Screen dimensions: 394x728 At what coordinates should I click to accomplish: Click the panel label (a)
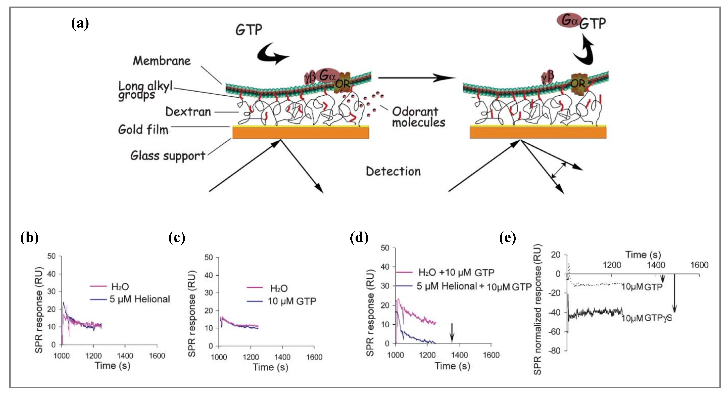point(80,23)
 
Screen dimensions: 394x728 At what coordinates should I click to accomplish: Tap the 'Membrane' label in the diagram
point(162,61)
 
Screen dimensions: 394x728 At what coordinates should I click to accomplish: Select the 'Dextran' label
point(188,112)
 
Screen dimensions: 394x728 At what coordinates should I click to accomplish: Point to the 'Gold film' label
point(143,130)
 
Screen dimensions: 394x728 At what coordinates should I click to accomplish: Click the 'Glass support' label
point(168,156)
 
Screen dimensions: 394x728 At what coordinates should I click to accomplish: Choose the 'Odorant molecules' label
point(418,117)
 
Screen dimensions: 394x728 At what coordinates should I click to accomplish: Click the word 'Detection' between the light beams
point(393,171)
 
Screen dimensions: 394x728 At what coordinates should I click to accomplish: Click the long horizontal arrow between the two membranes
point(417,78)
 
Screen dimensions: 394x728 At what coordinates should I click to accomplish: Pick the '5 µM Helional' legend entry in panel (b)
point(140,299)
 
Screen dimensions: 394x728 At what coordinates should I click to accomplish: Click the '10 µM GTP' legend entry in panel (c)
point(292,301)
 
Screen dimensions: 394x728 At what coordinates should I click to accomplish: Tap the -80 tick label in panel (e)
point(554,351)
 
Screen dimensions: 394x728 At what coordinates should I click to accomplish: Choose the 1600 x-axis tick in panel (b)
point(157,356)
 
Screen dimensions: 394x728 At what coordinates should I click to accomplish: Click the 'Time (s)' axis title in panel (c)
point(270,367)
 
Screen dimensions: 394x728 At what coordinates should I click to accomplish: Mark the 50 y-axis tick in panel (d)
point(385,248)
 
